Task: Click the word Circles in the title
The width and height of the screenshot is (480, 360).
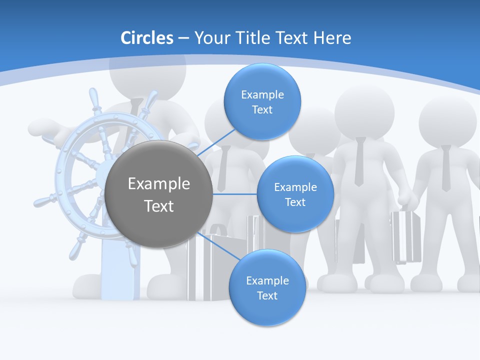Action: pos(147,38)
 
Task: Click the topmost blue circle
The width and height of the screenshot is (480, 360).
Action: pos(262,101)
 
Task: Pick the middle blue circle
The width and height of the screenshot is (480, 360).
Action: pos(295,194)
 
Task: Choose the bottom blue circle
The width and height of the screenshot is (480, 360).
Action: pos(267,287)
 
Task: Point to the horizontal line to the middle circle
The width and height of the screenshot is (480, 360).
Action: pos(235,193)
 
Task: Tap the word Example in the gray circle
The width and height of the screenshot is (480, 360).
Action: pos(159,184)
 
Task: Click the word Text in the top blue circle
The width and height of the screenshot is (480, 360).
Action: pos(262,109)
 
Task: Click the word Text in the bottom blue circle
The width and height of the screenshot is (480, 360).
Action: pos(267,295)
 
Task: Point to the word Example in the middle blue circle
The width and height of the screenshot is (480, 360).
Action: pos(295,187)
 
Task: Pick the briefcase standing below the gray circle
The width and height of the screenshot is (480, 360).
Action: pos(212,265)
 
